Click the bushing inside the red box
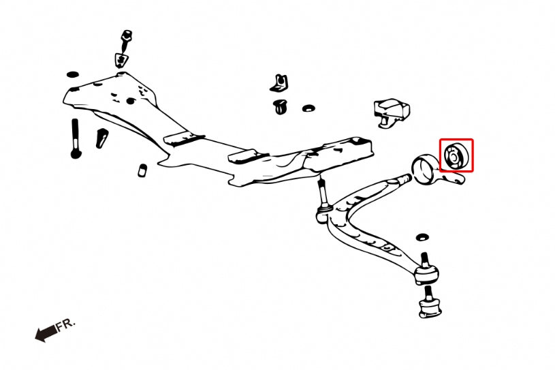(456, 155)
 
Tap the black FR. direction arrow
(46, 333)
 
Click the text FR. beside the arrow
(66, 324)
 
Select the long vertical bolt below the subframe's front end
(76, 138)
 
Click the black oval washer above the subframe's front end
(73, 74)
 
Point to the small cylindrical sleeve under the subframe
(142, 170)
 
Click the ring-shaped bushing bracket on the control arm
(424, 169)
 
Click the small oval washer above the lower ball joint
(422, 237)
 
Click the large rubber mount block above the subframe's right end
(392, 112)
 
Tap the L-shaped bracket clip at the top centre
(279, 84)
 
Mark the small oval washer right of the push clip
(308, 108)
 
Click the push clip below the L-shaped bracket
(281, 106)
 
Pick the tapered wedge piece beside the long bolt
(101, 138)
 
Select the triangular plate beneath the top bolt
(121, 60)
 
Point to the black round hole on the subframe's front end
(131, 101)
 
